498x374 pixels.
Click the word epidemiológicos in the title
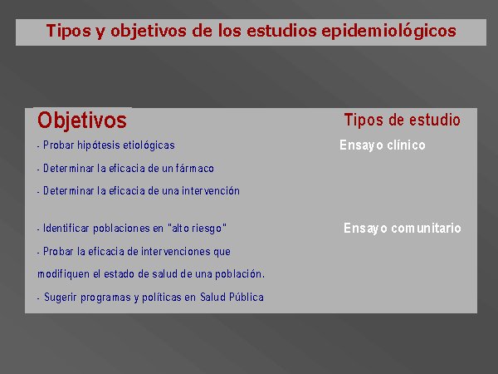pyautogui.click(x=388, y=32)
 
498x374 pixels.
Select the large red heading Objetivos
pyautogui.click(x=82, y=121)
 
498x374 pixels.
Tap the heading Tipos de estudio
pyautogui.click(x=402, y=120)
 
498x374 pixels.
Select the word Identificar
pyautogui.click(x=66, y=229)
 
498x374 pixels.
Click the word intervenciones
pyautogui.click(x=176, y=252)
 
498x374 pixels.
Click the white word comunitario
pyautogui.click(x=426, y=228)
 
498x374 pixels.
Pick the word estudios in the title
pyautogui.click(x=281, y=31)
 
